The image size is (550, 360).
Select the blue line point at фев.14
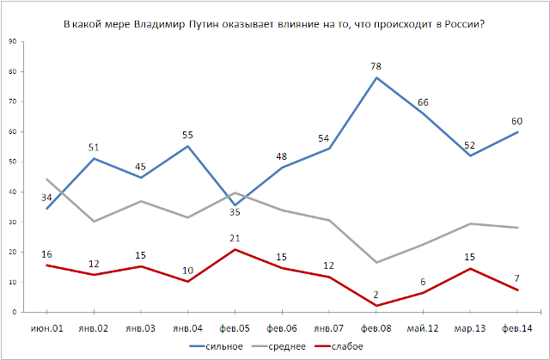517,131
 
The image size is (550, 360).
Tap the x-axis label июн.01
46,327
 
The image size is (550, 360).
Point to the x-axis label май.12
424,327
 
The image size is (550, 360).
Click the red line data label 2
377,293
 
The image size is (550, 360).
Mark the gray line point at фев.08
376,262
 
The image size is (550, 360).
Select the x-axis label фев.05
235,327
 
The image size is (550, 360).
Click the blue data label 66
424,102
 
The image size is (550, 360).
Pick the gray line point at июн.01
46,180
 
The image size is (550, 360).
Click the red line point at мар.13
470,269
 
